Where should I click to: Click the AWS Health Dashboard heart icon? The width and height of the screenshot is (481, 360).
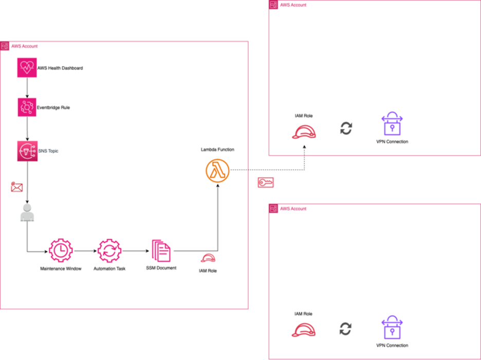(x=27, y=67)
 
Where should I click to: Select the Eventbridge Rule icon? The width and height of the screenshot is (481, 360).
(x=27, y=107)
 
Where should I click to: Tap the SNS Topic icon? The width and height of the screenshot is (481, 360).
(x=27, y=151)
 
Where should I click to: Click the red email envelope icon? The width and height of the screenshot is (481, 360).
(x=17, y=188)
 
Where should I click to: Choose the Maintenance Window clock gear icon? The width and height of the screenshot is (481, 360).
(x=61, y=251)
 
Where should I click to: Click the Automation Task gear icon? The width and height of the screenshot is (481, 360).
(x=109, y=251)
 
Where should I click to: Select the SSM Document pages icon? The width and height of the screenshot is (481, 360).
(x=161, y=251)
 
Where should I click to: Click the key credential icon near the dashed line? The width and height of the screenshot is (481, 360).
(x=266, y=183)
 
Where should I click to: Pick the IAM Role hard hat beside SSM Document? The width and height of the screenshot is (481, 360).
(x=208, y=259)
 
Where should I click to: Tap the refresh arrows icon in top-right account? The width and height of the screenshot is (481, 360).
(x=346, y=129)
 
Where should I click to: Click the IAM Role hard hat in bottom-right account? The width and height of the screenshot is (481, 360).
(x=303, y=329)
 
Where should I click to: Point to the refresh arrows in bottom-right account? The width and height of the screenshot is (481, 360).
(x=346, y=329)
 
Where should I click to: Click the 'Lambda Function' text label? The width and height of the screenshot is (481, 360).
(x=217, y=149)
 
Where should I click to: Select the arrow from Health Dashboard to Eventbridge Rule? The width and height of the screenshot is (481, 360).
(x=27, y=87)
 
